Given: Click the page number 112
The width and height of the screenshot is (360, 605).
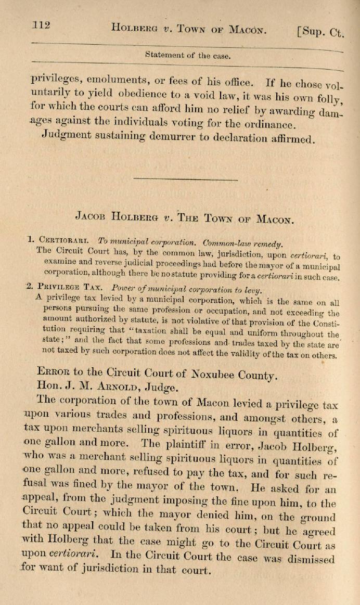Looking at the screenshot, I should click(x=41, y=25).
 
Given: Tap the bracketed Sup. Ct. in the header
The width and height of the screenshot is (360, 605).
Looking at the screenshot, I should click(x=320, y=32).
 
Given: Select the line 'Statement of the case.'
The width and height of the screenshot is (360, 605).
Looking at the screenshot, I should click(x=188, y=55).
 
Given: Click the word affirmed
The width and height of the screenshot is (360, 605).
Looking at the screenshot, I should click(x=289, y=139).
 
